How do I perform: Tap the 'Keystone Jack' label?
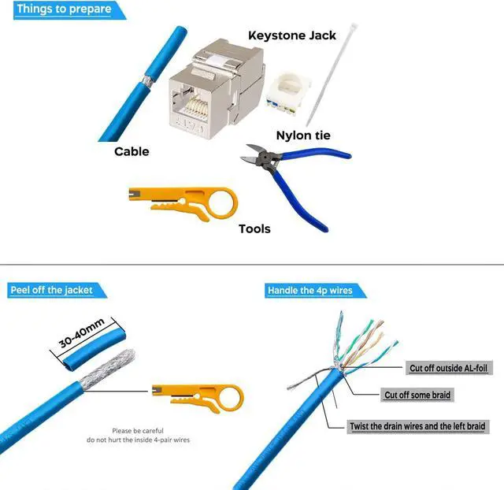pos(291,35)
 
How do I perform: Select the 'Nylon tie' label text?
pos(303,135)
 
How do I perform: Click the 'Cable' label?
pos(132,151)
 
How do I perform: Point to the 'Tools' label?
pos(254,228)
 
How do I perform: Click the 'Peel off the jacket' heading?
pos(51,290)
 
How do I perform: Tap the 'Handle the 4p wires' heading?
pos(309,291)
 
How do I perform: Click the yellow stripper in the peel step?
pos(197,391)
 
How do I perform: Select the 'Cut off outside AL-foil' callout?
pos(447,368)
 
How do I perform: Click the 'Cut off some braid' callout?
pos(417,395)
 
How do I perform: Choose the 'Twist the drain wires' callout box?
pos(418,426)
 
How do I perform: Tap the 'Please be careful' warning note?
pos(150,435)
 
